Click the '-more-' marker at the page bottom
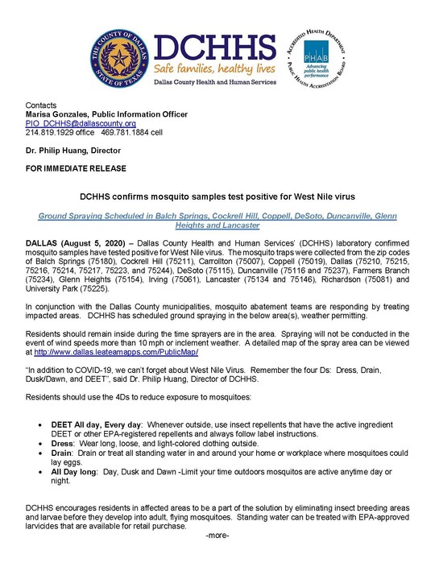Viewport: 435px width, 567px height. [x=217, y=536]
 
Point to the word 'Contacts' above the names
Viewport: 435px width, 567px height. [x=41, y=106]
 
